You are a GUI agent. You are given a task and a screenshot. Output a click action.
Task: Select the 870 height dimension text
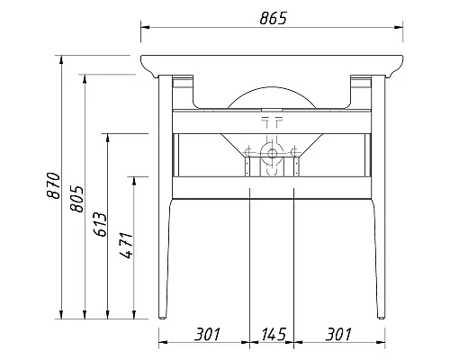point(52,184)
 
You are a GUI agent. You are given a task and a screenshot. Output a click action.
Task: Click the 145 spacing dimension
point(271,335)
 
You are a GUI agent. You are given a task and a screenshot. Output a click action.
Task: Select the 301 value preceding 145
point(206,335)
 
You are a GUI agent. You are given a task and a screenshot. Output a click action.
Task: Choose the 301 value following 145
point(337,335)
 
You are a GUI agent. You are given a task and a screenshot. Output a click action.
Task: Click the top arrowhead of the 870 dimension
point(61,60)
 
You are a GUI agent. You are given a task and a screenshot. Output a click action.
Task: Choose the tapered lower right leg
point(376,261)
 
